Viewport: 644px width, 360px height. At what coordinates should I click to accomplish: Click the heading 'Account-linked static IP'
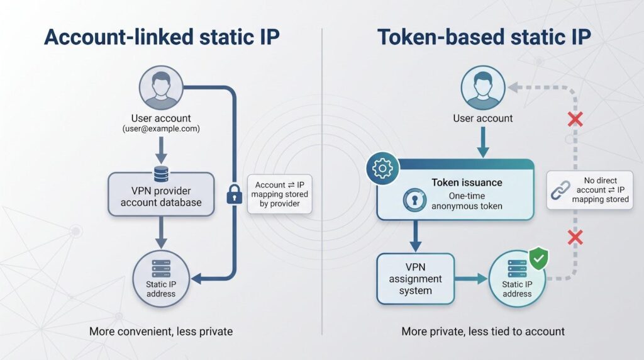pos(162,37)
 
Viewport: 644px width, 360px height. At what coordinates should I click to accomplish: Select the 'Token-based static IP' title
pos(484,37)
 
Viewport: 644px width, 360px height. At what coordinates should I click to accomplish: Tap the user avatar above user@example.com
pos(161,87)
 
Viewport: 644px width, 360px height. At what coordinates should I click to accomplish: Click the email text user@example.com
pos(161,128)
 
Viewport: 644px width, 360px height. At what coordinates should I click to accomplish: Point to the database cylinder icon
pos(161,174)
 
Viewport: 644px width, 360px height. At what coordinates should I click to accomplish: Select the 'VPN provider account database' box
pos(161,194)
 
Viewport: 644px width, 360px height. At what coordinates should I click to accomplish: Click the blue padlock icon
pos(235,194)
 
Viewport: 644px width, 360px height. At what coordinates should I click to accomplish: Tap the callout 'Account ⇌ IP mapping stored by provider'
pos(280,194)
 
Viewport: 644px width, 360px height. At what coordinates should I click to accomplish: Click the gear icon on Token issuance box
pos(382,168)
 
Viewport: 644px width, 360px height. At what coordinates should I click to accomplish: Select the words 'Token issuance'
pos(467,183)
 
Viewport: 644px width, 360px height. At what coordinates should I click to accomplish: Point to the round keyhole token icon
pos(414,200)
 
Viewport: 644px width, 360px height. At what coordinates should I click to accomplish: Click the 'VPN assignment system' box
pos(415,279)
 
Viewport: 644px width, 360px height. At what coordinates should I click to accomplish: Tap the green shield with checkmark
pos(538,259)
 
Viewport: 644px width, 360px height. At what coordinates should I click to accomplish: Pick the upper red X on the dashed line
pos(575,120)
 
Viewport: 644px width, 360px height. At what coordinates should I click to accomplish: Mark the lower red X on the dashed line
pos(575,237)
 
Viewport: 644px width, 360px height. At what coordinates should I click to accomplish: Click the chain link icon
pos(560,190)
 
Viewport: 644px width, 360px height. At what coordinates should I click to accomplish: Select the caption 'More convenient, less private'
pos(161,331)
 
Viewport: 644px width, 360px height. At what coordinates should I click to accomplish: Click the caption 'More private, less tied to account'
pos(483,331)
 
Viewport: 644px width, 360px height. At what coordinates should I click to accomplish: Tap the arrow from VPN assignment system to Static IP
pos(471,279)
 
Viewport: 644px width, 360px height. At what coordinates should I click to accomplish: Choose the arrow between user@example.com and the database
pos(161,150)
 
